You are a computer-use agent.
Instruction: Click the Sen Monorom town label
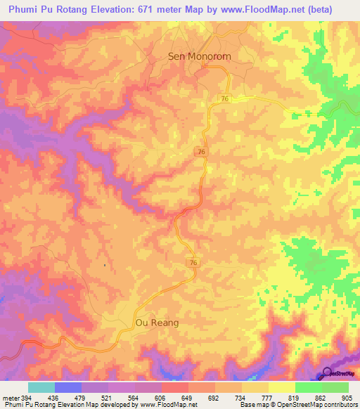click(x=199, y=56)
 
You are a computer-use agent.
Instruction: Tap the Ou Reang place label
click(x=156, y=323)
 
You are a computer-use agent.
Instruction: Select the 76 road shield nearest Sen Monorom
click(x=223, y=98)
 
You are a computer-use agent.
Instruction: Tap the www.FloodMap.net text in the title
click(x=274, y=10)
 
